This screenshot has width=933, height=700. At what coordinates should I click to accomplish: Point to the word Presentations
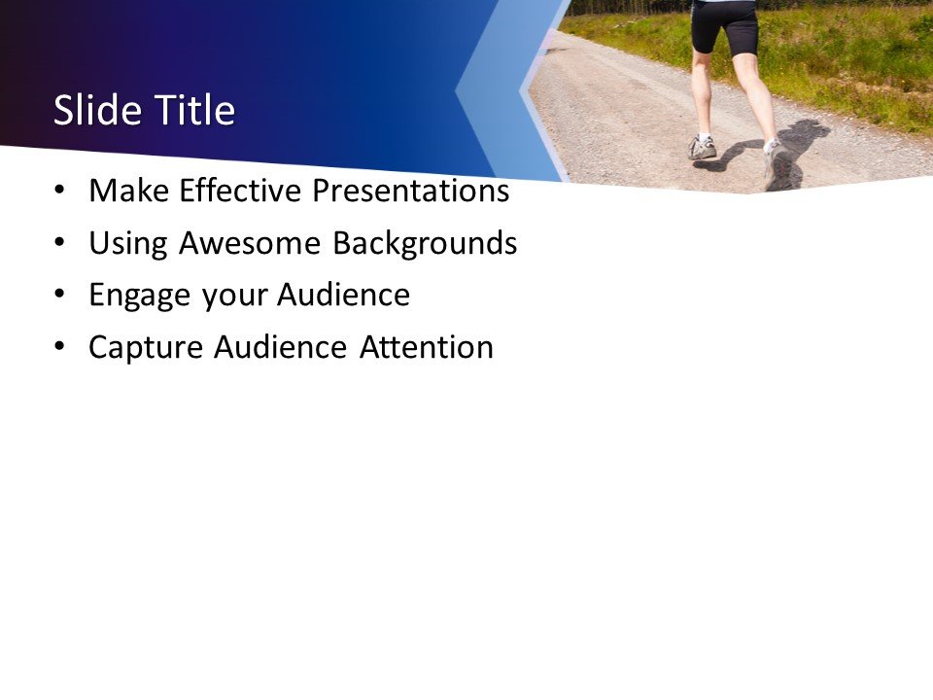[410, 192]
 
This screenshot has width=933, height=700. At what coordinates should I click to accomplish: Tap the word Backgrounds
[425, 244]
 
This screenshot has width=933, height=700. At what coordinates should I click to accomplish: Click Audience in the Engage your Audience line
[343, 296]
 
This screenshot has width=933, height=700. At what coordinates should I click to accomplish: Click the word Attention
[427, 347]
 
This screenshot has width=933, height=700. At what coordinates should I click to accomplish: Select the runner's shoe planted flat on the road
[702, 148]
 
